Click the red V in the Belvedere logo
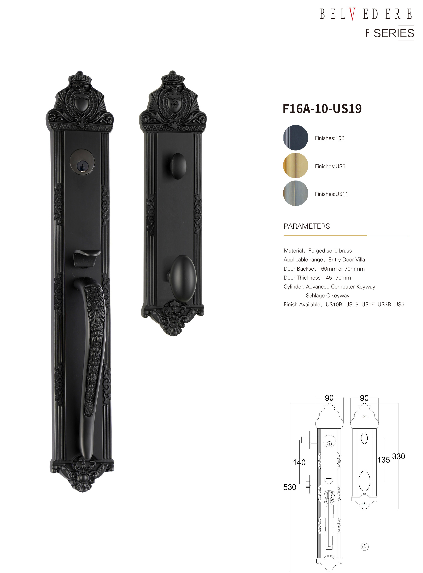click(352, 14)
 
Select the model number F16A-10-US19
click(322, 108)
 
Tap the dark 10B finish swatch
click(296, 137)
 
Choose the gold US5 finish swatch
click(296, 165)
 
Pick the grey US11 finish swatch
click(296, 193)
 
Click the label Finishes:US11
click(331, 194)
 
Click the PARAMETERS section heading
click(306, 226)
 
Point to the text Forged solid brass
click(330, 251)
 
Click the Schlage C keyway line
click(328, 296)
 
